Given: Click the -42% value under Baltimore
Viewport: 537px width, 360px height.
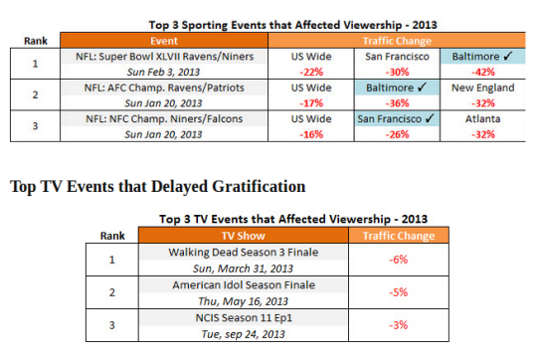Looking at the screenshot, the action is [483, 72].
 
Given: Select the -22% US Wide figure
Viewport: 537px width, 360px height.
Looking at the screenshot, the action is [311, 72].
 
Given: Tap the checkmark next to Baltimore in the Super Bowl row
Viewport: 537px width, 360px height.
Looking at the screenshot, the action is [508, 56].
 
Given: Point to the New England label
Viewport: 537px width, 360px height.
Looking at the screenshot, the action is [483, 88].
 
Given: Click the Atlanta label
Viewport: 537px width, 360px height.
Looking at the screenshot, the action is [483, 119].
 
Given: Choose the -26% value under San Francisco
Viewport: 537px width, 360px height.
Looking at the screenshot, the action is [397, 134].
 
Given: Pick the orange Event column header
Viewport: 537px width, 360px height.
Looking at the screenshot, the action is [164, 41].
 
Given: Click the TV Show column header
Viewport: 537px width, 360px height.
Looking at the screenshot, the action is [244, 236].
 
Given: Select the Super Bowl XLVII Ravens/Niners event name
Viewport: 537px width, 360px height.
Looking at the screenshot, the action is [164, 56].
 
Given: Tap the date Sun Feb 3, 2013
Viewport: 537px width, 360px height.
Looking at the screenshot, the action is [163, 72].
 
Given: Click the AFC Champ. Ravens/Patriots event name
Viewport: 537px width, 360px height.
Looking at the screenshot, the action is [164, 88].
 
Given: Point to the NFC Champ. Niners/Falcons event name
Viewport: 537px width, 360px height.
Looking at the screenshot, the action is [164, 119].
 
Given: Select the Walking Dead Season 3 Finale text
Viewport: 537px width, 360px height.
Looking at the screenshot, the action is [244, 253].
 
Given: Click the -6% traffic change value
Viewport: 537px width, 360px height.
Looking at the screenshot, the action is [399, 260].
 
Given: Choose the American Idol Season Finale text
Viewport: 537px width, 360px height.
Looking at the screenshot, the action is [244, 285].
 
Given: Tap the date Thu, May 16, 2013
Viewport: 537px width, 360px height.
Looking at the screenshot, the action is [244, 301].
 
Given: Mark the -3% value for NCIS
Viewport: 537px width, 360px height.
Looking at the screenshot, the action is [399, 325].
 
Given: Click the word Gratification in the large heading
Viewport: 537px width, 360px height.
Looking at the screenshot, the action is [259, 187].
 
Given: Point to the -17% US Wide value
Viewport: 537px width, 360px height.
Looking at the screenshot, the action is [311, 103].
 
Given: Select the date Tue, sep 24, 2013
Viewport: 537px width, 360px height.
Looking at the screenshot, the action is [244, 334].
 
